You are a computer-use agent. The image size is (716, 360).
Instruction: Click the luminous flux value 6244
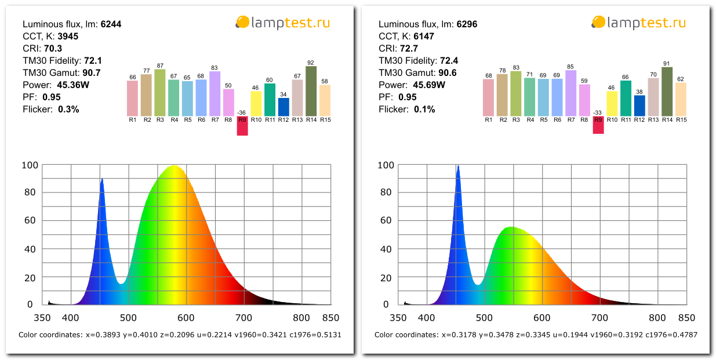click(x=111, y=24)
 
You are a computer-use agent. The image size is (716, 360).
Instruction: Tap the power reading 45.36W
click(x=73, y=85)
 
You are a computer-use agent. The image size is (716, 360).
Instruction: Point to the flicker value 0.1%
click(x=424, y=110)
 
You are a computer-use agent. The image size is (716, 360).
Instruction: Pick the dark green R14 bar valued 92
click(x=311, y=91)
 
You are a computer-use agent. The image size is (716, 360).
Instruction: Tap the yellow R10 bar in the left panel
click(x=256, y=104)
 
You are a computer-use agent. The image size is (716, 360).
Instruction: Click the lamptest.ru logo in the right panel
click(x=638, y=23)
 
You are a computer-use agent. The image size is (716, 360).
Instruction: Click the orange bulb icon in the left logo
click(x=242, y=22)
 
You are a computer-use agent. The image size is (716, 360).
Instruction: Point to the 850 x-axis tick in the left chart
click(x=331, y=318)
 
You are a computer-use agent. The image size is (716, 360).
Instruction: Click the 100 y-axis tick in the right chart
click(x=386, y=165)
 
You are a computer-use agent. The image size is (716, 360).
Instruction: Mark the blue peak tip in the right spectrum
click(x=458, y=166)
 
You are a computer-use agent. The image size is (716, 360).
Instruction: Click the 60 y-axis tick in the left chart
click(x=30, y=220)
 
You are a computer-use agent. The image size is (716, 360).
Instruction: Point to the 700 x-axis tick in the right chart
click(x=599, y=318)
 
